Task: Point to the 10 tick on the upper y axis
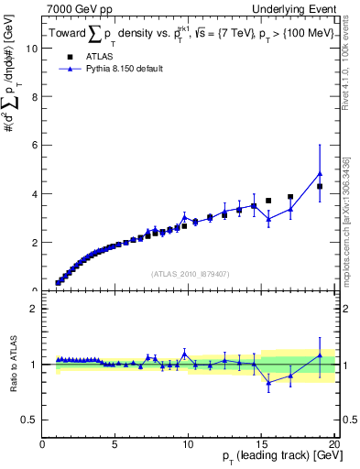(33, 49)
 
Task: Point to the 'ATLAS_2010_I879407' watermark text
(190, 273)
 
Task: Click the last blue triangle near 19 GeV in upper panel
(320, 173)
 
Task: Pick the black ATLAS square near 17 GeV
(290, 197)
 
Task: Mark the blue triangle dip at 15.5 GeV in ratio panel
(268, 383)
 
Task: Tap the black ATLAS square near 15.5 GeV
(268, 201)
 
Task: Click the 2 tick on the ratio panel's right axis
(336, 309)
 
